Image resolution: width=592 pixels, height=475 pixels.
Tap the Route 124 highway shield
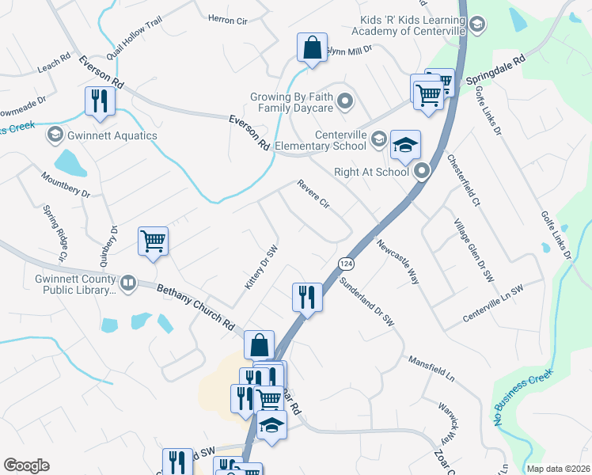345,262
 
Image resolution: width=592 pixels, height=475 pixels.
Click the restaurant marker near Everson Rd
101,101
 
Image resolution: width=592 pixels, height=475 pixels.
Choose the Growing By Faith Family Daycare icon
345,101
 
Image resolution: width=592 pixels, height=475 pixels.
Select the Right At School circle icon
422,169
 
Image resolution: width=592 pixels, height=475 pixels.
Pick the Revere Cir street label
313,195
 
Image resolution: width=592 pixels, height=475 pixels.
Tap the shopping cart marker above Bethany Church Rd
153,241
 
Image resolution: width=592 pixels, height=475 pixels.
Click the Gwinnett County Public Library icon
127,282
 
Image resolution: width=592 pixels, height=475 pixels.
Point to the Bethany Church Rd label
197,307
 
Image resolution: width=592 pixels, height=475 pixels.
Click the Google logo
26,465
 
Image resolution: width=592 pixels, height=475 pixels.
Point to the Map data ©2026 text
559,469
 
